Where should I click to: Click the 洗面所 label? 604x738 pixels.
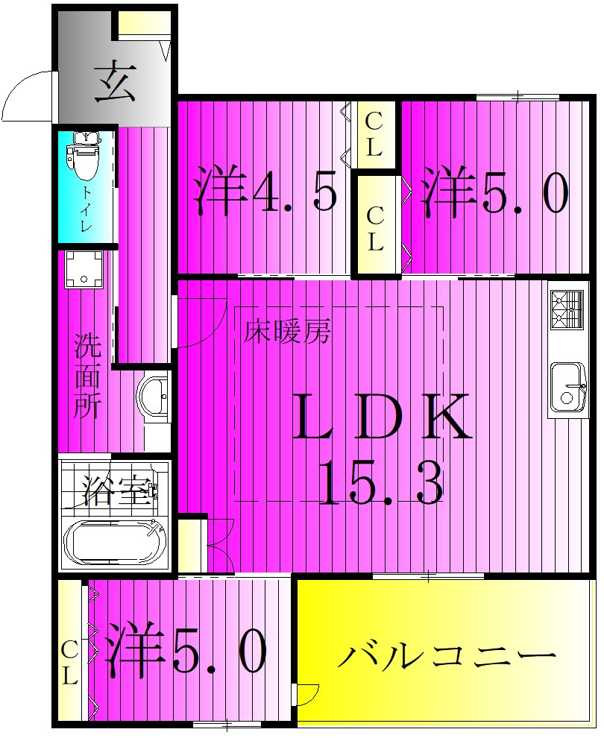pos(87,377)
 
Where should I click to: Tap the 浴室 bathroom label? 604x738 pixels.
pos(118,491)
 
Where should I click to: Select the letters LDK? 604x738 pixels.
pos(381,418)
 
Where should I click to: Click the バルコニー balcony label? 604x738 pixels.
pos(446,656)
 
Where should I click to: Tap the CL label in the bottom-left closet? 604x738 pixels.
pos(69,663)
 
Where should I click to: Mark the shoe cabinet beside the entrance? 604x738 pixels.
pos(144,24)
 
